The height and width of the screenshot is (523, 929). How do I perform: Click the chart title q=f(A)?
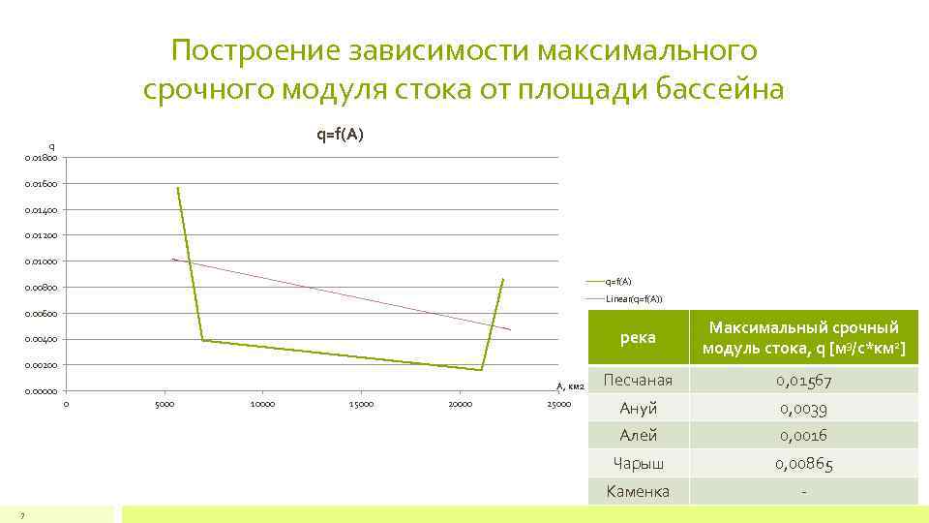tap(340, 135)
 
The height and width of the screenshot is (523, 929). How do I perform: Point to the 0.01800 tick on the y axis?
tap(41, 158)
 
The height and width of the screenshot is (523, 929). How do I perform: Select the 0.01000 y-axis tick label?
tap(41, 261)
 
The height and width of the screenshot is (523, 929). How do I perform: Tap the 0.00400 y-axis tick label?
tap(41, 340)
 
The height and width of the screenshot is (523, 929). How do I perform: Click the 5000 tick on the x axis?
tap(165, 404)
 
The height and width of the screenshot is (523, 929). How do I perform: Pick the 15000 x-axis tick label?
tap(361, 404)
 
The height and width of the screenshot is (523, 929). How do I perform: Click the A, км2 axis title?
tap(570, 386)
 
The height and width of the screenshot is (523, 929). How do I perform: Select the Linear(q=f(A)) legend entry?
tap(634, 298)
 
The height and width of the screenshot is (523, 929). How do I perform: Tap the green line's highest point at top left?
tap(178, 188)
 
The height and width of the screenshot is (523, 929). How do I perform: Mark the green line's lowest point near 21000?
tap(480, 370)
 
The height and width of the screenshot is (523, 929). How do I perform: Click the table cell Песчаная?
tap(638, 380)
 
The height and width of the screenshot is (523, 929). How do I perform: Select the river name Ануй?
tap(638, 408)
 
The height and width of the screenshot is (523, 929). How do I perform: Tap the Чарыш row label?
tap(638, 464)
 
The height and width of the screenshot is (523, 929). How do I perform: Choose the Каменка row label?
tap(638, 491)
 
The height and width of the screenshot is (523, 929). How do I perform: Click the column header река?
tap(638, 337)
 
